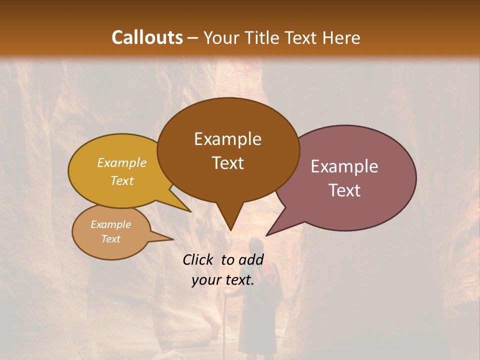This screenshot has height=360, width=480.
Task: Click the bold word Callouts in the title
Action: (x=147, y=37)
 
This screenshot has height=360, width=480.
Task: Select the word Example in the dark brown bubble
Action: (x=227, y=139)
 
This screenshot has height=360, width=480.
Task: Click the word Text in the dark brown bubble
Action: (x=227, y=163)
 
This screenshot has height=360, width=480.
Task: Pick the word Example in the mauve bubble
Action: (x=344, y=166)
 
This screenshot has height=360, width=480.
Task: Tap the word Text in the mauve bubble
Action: (x=344, y=190)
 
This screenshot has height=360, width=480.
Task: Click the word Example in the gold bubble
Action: (x=122, y=162)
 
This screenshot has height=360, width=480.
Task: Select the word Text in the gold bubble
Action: (x=122, y=180)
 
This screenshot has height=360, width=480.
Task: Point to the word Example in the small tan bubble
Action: (x=110, y=224)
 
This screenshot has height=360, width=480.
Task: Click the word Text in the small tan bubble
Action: (x=110, y=239)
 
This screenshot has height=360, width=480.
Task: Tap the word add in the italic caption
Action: (x=251, y=259)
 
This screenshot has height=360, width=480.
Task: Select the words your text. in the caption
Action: (x=223, y=280)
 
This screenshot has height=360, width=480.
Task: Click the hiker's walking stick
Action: (x=225, y=320)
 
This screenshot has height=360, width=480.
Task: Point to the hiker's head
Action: (x=256, y=245)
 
